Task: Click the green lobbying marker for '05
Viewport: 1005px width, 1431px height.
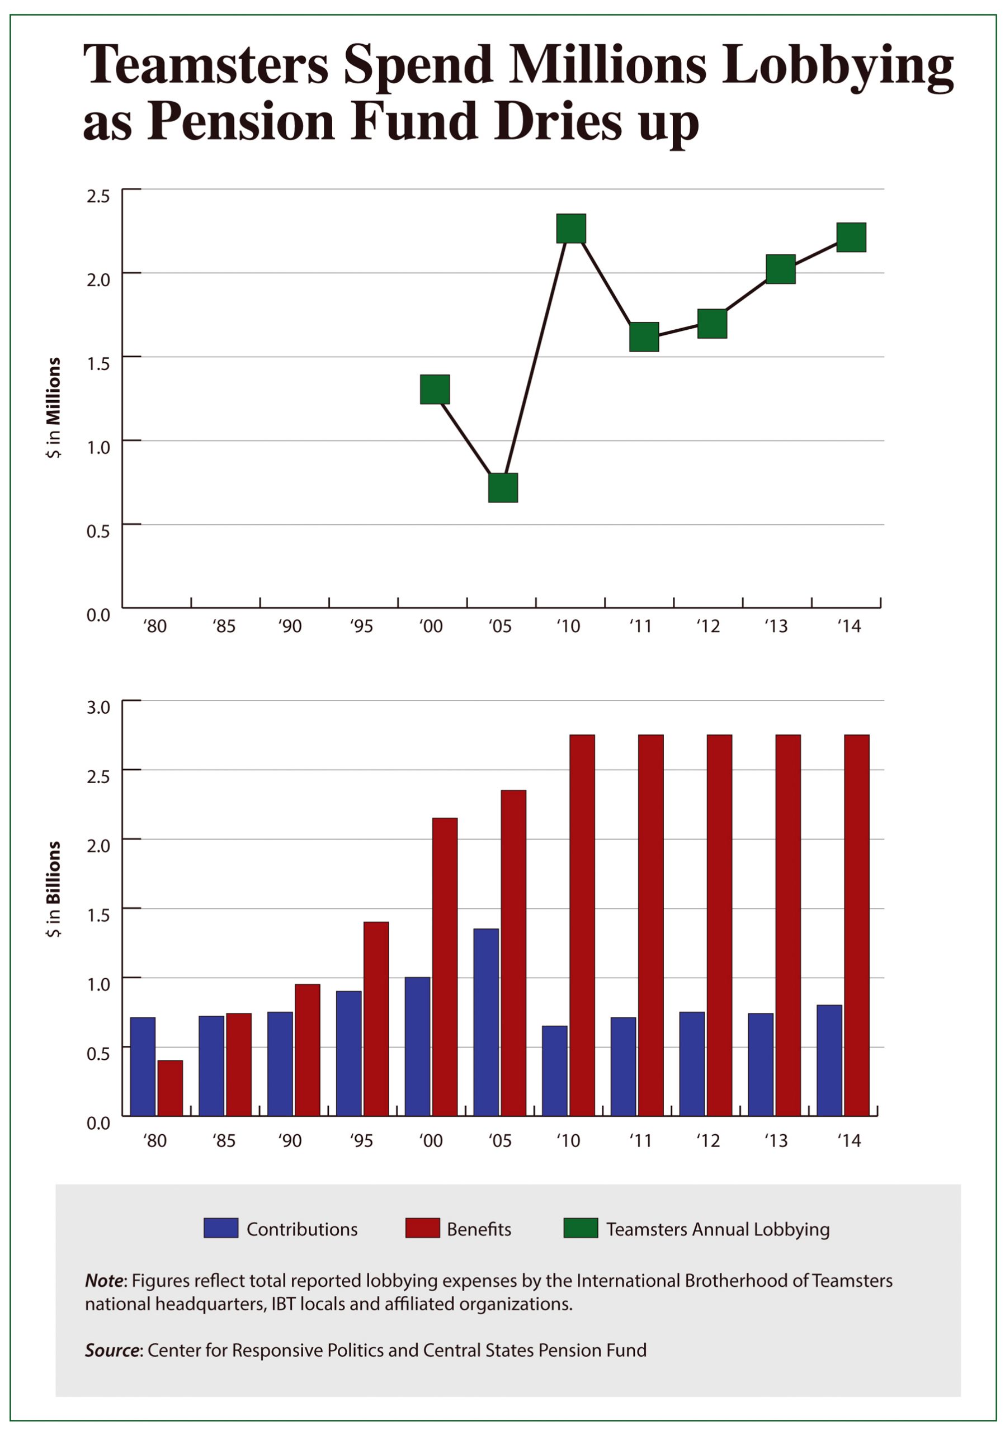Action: [502, 487]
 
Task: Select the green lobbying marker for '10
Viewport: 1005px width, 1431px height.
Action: [571, 228]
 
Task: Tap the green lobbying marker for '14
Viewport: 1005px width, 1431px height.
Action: [851, 238]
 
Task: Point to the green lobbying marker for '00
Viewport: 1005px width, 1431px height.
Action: [435, 390]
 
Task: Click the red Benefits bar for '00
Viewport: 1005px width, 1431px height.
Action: [445, 966]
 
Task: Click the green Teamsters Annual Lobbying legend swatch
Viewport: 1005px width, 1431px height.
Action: [581, 1228]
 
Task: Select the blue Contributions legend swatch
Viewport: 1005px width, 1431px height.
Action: [221, 1228]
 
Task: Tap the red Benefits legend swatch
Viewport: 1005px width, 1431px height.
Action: [422, 1228]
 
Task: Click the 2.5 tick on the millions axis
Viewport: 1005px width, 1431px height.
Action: [98, 196]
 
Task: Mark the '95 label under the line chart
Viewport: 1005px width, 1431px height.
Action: [361, 626]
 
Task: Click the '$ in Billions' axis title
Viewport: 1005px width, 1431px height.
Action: [54, 889]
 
